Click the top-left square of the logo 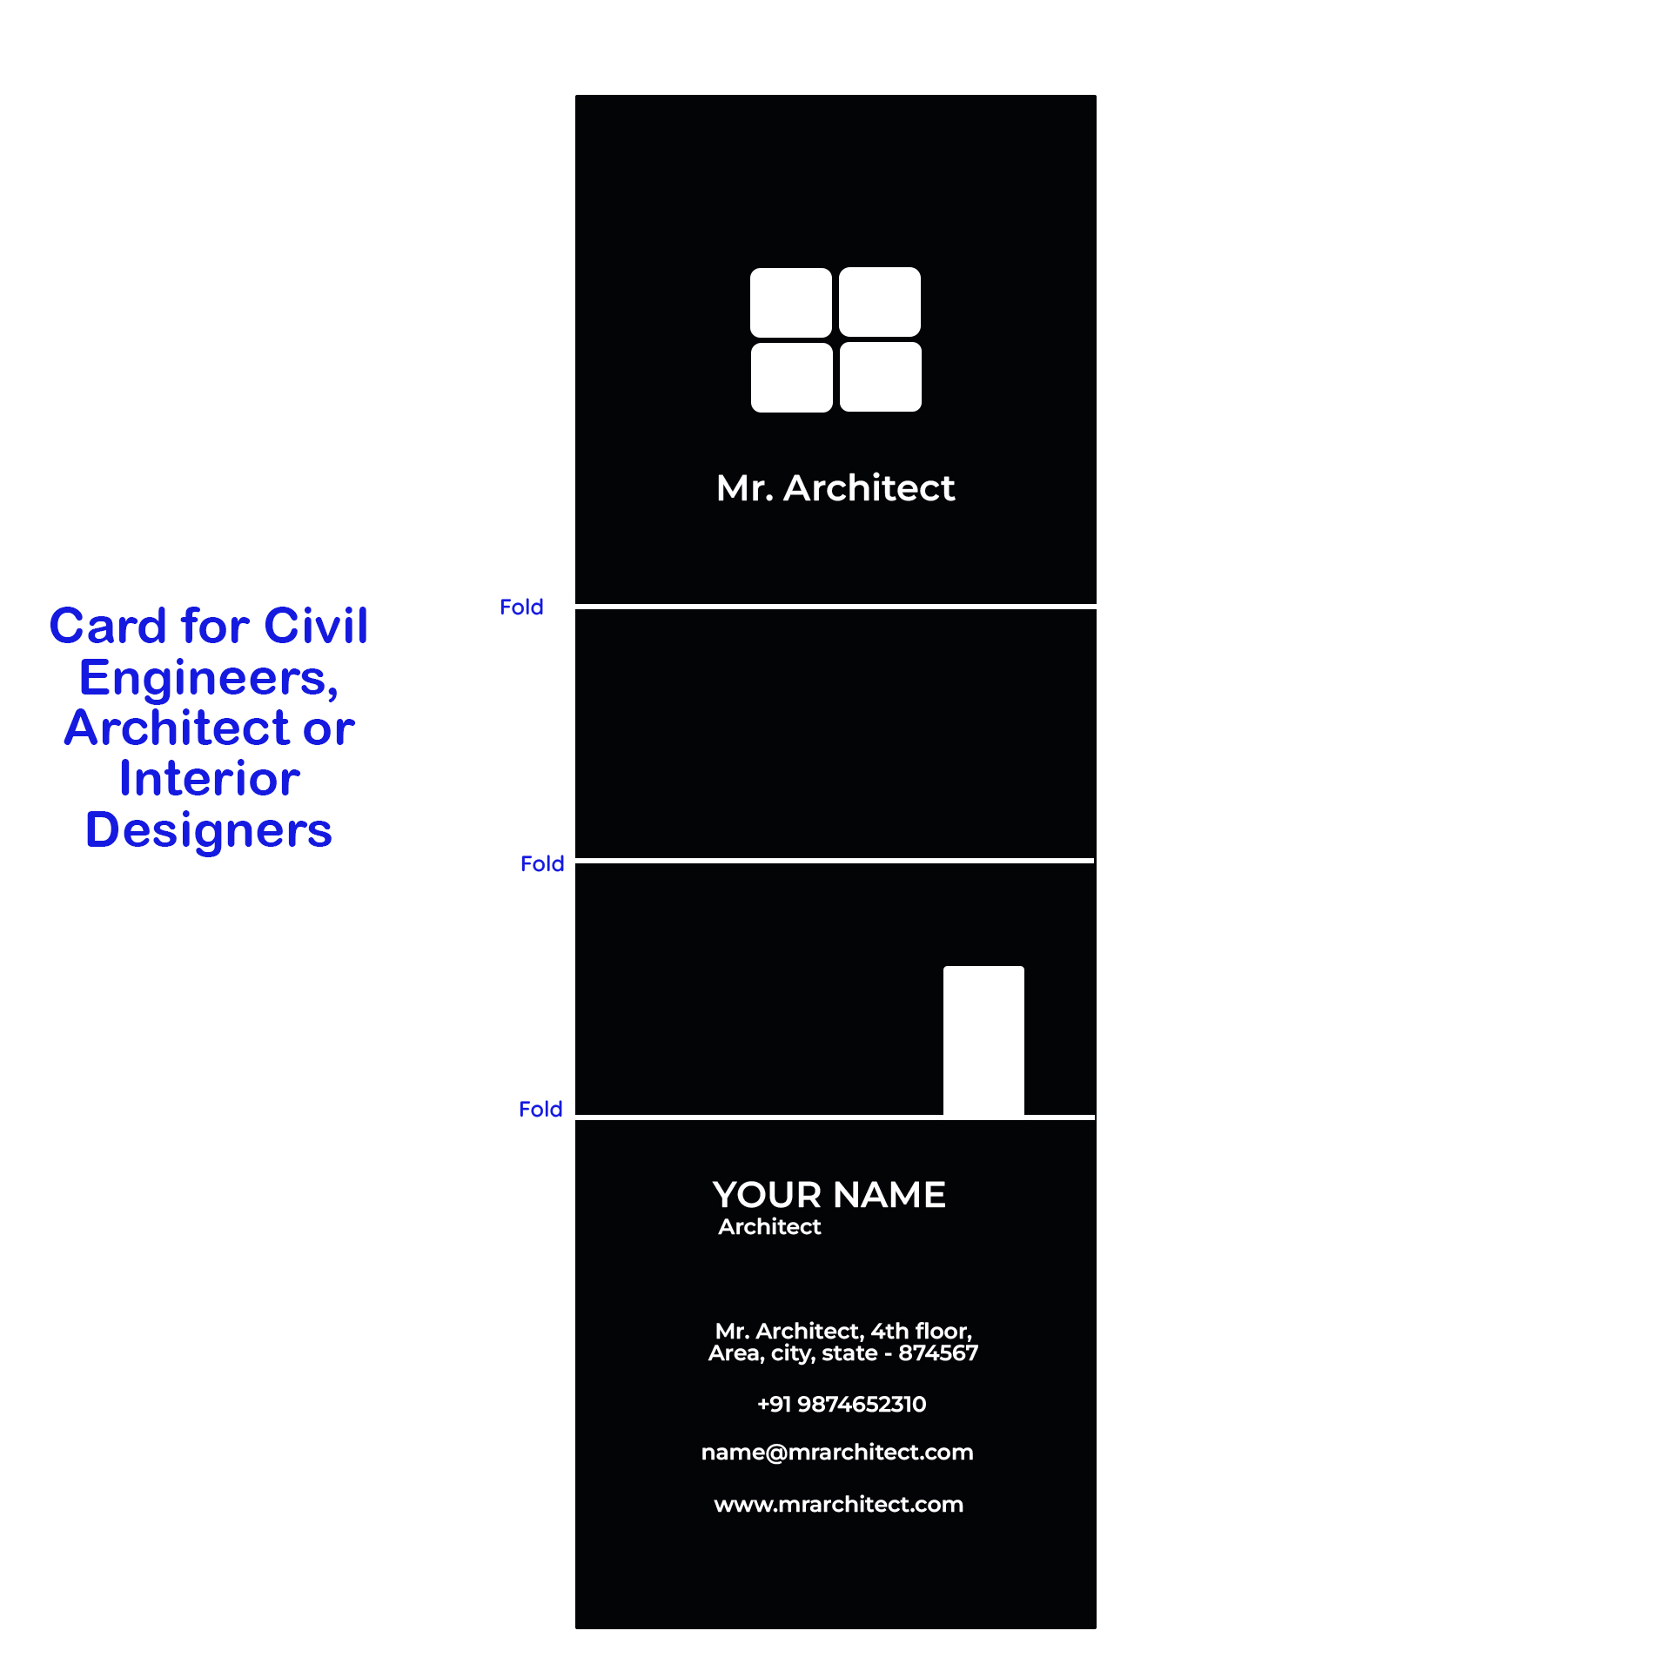[791, 302]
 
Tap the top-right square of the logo [880, 302]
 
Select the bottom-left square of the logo [792, 377]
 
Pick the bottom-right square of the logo [881, 377]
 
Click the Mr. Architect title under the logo [835, 487]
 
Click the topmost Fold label [521, 607]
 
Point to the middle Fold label [542, 863]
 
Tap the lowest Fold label [540, 1109]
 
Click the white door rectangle [983, 1041]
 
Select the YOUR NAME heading [829, 1195]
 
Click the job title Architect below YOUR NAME [769, 1226]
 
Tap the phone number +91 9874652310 [842, 1404]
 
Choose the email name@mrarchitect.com [837, 1452]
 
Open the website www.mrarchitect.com [839, 1504]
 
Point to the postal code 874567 [938, 1352]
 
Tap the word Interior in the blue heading [210, 778]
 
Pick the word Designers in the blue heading [209, 829]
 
